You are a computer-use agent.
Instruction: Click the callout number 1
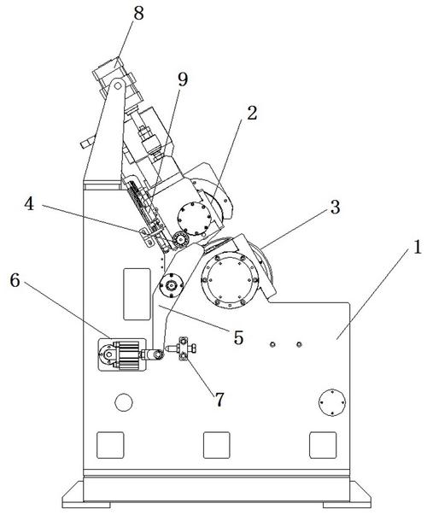tap(417, 247)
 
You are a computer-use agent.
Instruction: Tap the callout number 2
tap(252, 114)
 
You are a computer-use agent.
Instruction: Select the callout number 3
tap(335, 208)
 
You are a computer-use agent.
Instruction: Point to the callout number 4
tap(29, 204)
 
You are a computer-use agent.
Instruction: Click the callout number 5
tap(238, 337)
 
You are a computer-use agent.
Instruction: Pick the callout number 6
tap(15, 280)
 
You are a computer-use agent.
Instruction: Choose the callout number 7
tap(219, 400)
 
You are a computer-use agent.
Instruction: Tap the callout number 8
tap(138, 15)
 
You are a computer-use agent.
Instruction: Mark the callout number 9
tap(183, 79)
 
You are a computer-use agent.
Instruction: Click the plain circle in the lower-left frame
tap(124, 402)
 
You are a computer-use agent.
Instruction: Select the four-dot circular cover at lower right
tap(332, 402)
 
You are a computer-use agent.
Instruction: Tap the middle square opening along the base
tap(216, 445)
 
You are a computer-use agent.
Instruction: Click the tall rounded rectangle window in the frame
tap(137, 294)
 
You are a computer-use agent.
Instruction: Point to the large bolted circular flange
tap(230, 280)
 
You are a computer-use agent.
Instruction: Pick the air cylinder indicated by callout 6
tap(122, 355)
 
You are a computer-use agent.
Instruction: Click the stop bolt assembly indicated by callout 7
tap(182, 348)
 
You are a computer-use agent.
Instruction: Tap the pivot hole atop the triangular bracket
tap(118, 86)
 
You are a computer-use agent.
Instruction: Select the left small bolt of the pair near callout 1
tap(272, 344)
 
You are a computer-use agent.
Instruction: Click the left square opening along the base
tap(110, 445)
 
